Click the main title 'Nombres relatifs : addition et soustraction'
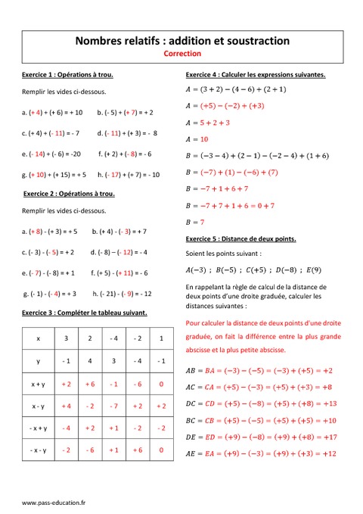(x=181, y=40)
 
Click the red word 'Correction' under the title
(x=181, y=54)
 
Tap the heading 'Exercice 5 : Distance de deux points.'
(x=240, y=239)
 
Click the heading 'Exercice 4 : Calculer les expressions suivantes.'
(x=256, y=75)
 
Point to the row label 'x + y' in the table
(x=39, y=384)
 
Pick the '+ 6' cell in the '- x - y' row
(x=138, y=450)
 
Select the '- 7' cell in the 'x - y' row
(x=113, y=406)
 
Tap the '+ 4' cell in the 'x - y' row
(x=66, y=406)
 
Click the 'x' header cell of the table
(x=39, y=338)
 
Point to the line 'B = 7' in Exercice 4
(x=195, y=223)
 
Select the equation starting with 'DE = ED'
(x=260, y=437)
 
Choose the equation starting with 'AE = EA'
(x=260, y=453)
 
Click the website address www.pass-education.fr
(x=54, y=502)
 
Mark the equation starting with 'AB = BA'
(x=259, y=371)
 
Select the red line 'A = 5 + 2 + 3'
(x=207, y=123)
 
